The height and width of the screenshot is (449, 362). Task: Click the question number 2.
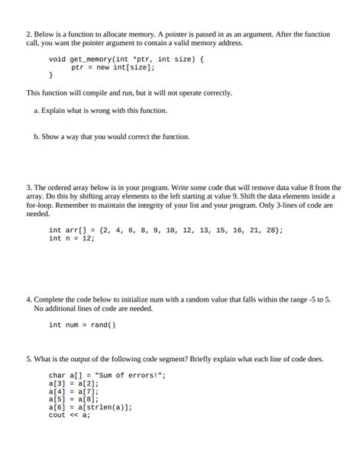pyautogui.click(x=28, y=35)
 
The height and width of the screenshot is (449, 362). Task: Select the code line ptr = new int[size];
pyautogui.click(x=113, y=67)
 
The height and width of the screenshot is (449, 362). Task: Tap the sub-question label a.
pyautogui.click(x=37, y=111)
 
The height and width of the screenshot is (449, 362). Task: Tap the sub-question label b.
pyautogui.click(x=37, y=137)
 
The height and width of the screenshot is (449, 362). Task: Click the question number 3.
pyautogui.click(x=28, y=187)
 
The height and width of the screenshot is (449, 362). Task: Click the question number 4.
pyautogui.click(x=28, y=299)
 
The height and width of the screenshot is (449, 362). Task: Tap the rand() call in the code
pyautogui.click(x=102, y=325)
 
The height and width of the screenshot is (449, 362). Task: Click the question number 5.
pyautogui.click(x=28, y=358)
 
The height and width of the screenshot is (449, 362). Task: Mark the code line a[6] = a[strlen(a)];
pyautogui.click(x=90, y=407)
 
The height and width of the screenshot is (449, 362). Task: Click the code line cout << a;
pyautogui.click(x=69, y=415)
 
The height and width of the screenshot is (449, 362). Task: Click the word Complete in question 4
pyautogui.click(x=51, y=299)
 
